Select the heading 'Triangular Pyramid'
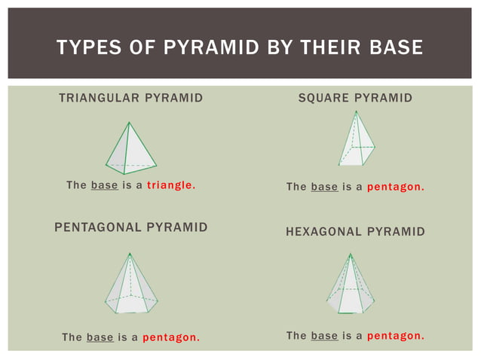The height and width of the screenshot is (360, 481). coord(130,99)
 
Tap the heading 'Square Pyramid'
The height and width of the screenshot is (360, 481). coord(355,99)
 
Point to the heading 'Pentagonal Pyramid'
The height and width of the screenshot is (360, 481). coord(131,227)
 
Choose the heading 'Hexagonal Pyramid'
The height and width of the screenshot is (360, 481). coord(355,232)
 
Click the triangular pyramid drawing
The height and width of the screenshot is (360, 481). coord(130,148)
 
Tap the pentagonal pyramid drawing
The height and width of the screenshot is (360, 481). coord(131,284)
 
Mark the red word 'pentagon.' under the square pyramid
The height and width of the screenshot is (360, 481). coord(395,187)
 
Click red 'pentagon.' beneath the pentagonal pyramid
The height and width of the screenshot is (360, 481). coord(171,337)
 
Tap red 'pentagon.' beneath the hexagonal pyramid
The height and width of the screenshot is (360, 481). coord(395,336)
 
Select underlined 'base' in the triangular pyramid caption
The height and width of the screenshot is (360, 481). coord(104,185)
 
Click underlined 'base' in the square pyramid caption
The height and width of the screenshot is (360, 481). coord(324,187)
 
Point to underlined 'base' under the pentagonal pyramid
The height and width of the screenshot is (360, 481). coord(100,337)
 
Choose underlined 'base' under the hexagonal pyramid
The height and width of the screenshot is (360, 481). coord(324,336)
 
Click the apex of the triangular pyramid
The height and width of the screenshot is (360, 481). coord(130,123)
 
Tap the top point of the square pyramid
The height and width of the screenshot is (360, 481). coord(354,112)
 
